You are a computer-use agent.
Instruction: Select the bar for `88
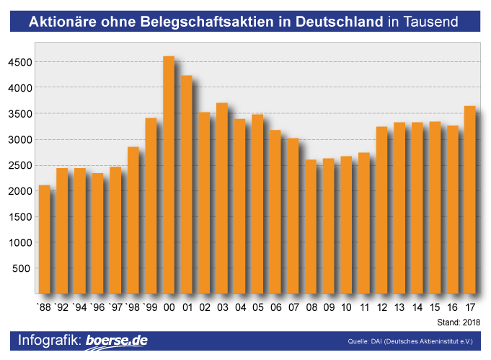45,239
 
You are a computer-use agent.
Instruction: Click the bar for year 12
381,210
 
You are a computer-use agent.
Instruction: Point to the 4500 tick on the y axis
19,63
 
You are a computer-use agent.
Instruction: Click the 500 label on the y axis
22,268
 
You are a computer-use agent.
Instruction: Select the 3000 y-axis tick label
19,140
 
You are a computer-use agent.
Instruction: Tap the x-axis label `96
97,307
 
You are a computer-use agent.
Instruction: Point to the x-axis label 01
187,307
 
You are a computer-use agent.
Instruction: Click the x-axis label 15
435,307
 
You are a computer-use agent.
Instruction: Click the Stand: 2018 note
459,322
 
